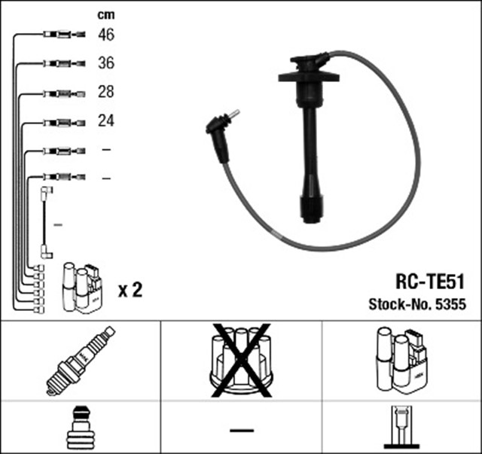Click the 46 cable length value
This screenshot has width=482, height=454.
pos(105,34)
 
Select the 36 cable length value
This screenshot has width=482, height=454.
pos(105,63)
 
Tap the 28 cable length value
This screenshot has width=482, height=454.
pos(105,93)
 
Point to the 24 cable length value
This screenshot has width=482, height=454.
pos(105,120)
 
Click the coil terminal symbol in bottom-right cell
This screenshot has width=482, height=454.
pos(401,428)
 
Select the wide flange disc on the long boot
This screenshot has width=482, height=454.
pos(308,75)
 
